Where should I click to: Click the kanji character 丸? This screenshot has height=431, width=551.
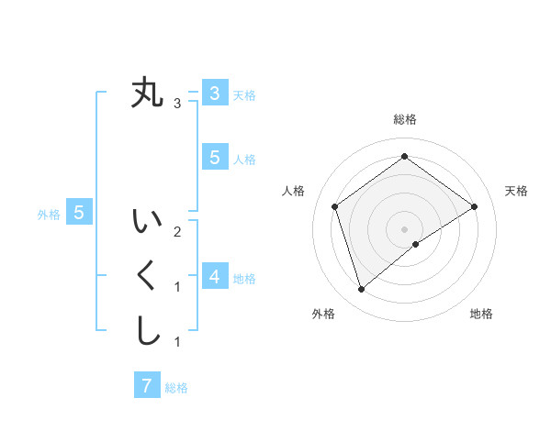(x=147, y=94)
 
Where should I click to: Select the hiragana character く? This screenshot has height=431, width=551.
(x=147, y=277)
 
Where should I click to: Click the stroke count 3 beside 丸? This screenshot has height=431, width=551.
(x=177, y=104)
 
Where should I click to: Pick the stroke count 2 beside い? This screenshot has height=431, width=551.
(x=177, y=231)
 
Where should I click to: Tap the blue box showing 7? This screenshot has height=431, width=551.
(x=147, y=386)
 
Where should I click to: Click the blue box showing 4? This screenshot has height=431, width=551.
(x=214, y=276)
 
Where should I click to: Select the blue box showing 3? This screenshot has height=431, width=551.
(x=214, y=93)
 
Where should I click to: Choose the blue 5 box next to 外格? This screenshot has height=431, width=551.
(x=79, y=213)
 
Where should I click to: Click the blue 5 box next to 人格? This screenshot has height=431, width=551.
(x=214, y=158)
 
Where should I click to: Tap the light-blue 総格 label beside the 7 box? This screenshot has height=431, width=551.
(x=176, y=388)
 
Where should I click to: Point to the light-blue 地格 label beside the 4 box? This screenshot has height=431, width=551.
(x=244, y=278)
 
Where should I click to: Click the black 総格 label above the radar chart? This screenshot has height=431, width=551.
(x=405, y=119)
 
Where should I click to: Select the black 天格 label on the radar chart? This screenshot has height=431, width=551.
(x=516, y=191)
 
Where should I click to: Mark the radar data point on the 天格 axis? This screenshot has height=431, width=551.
(x=475, y=206)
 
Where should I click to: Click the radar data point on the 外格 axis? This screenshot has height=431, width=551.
(x=362, y=289)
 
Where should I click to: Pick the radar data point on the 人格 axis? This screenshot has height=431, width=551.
(x=335, y=206)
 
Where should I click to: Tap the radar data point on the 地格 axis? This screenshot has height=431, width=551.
(x=416, y=244)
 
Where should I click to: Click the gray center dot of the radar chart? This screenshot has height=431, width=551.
(x=405, y=228)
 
